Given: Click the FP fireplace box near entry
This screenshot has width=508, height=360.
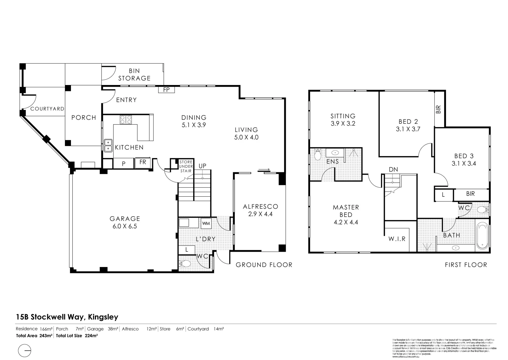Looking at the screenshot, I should point(166,90).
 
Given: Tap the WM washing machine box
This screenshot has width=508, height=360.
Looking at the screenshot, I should point(206,223).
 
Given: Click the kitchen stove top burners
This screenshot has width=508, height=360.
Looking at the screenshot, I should point(126,119).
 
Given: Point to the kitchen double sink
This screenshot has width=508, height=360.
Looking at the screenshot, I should point(108,145).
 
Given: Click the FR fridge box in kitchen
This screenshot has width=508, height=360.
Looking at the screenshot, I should point(143,162).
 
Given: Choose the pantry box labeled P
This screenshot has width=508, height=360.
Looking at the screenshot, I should point(124,163).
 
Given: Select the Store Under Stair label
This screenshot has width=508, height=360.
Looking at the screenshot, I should point(186,166).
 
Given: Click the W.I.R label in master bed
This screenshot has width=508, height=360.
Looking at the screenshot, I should point(397,239).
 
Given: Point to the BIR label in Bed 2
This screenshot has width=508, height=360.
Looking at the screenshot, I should point(439,109).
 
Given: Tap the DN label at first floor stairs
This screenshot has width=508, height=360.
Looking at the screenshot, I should point(393,169).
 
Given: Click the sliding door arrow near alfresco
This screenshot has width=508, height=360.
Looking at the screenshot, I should point(264,169).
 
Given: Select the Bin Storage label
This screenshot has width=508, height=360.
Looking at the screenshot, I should point(134,75).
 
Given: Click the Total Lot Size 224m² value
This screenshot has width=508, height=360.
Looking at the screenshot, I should point(91,336).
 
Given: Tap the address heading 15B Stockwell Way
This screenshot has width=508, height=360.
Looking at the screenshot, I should point(67,317).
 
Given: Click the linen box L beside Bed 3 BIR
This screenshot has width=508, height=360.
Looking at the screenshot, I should point(443,195).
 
